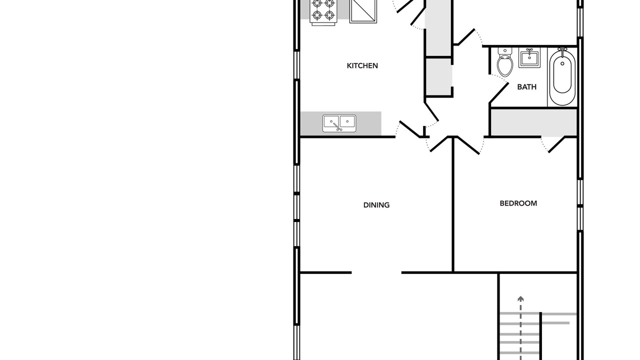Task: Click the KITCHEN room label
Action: (362, 65)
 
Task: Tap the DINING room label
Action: (376, 205)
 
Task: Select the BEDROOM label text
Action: (518, 203)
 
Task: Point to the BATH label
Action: (527, 87)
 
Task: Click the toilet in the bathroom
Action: (505, 62)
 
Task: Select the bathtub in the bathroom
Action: (562, 76)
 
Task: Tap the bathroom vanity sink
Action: (529, 58)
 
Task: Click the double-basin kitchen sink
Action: (339, 123)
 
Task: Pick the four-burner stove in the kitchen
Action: (323, 11)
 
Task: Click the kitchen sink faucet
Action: (337, 126)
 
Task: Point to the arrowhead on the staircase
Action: (520, 299)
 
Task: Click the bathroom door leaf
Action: (499, 93)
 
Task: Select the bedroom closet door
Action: (557, 144)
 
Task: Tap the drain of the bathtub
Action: (562, 63)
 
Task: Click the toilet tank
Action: (505, 51)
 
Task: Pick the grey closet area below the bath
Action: (534, 122)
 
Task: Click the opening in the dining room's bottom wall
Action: (376, 273)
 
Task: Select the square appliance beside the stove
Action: (363, 11)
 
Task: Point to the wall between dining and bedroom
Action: (453, 204)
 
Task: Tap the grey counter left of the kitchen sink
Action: (311, 123)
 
